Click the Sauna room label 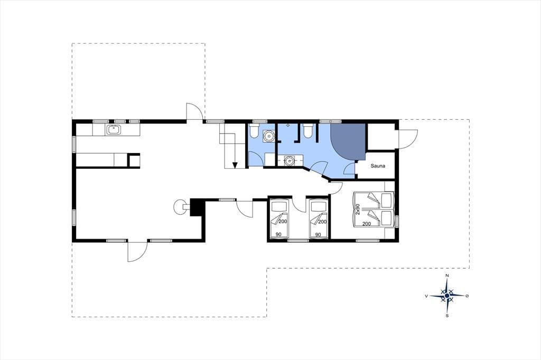click(x=378, y=166)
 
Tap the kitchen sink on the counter click(x=114, y=130)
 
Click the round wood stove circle click(x=180, y=207)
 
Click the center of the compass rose click(x=447, y=296)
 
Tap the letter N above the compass click(x=447, y=276)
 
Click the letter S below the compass click(x=447, y=316)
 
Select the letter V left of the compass click(x=427, y=296)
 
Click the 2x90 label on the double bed click(x=358, y=210)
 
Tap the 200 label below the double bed click(x=367, y=224)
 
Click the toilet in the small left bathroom click(x=254, y=131)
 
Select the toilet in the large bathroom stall click(x=308, y=131)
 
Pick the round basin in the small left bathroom click(x=268, y=136)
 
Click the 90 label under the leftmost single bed click(x=278, y=234)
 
